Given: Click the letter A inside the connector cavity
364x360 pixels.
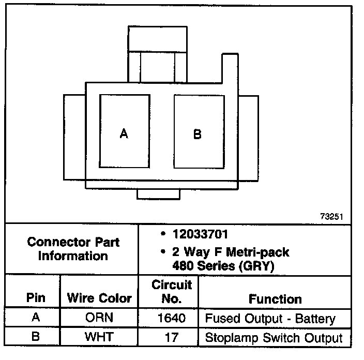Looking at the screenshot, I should pos(124,134).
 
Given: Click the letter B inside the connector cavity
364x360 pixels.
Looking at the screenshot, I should pos(197,134).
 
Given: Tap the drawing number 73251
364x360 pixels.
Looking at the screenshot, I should pos(331,217).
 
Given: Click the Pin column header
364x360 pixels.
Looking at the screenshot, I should pos(36,298).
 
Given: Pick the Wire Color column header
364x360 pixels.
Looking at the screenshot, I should pos(99,298).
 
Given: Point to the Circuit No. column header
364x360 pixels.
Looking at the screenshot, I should pos(172,292).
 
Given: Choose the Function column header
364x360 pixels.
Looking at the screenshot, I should pos(275,299).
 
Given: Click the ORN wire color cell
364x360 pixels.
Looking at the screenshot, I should pos(99,319).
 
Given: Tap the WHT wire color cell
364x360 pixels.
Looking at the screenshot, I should pos(99,338).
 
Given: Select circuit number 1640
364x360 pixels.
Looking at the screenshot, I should pos(172,319).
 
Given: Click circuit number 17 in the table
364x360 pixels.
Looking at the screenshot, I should pos(172,338).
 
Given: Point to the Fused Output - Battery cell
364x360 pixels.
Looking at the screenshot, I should pos(270,319).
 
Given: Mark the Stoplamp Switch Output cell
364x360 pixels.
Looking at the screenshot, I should pos(274,338).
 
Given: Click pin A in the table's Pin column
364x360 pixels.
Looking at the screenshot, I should pos(36,318).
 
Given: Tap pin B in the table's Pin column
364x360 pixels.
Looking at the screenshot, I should pos(36,338).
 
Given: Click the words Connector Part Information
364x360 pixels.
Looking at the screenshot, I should pos(73,249).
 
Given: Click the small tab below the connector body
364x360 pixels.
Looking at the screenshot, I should pos(158,194).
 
